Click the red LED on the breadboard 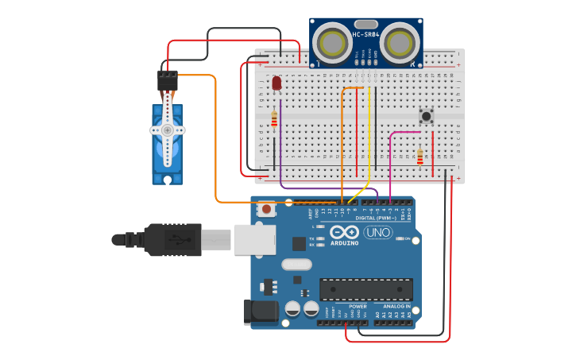(276, 83)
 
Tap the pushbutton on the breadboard (427, 116)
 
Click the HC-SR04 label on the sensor (366, 34)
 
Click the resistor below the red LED (275, 119)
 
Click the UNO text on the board (378, 232)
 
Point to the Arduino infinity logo (345, 232)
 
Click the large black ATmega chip (366, 289)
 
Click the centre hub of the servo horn (167, 130)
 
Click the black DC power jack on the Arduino (262, 312)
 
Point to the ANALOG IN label (396, 306)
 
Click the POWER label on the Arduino (358, 306)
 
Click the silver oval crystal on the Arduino (296, 265)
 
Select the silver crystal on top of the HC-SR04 (365, 24)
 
